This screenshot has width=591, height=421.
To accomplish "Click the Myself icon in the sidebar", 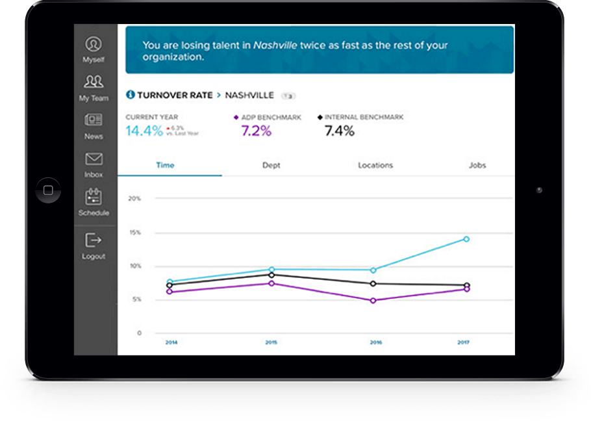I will click(x=94, y=44).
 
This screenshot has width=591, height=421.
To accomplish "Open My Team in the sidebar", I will click(x=94, y=83).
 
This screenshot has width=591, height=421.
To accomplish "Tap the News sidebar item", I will click(x=94, y=121).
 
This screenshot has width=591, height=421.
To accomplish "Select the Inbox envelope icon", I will click(x=94, y=159).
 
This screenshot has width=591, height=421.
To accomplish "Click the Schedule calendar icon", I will click(x=94, y=198).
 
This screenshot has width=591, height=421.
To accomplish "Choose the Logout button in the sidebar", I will click(x=94, y=240).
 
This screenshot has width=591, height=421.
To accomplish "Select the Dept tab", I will click(x=271, y=165).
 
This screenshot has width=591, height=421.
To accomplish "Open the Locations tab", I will click(x=375, y=165).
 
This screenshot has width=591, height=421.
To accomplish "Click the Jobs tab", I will click(x=477, y=165).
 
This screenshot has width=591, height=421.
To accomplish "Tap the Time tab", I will click(x=165, y=165).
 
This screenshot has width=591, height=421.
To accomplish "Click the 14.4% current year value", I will click(x=144, y=131).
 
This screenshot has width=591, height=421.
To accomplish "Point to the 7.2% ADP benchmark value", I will click(x=256, y=131).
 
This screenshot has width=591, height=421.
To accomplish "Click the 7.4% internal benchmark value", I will click(x=339, y=131).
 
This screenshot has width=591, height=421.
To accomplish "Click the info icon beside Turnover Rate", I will click(x=130, y=95).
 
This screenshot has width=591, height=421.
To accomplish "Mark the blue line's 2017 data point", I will click(x=466, y=239).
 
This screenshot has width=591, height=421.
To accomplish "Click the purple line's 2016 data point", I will click(x=373, y=301).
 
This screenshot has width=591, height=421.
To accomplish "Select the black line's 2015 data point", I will click(x=271, y=275).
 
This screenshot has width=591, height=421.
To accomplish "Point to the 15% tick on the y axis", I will click(x=134, y=232).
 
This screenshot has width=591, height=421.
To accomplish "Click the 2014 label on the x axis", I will click(x=171, y=342).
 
